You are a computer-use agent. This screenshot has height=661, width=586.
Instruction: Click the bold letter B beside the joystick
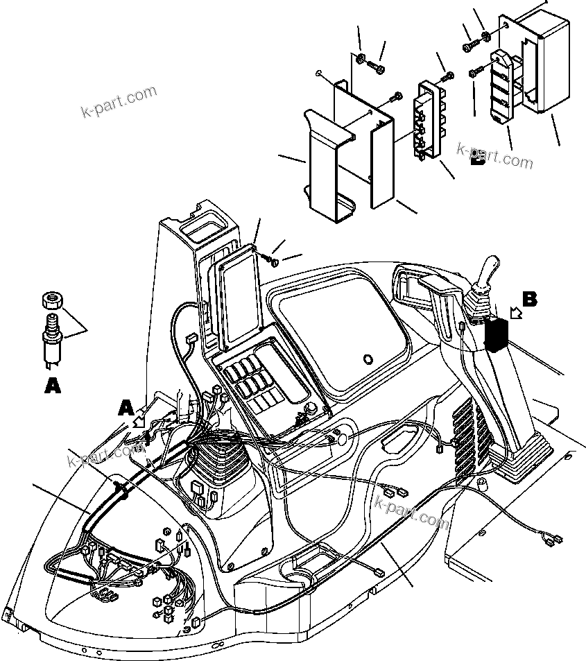click(530, 300)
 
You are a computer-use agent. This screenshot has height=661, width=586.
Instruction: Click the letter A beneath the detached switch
click(52, 386)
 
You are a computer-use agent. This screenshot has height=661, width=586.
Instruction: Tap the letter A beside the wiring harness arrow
click(125, 407)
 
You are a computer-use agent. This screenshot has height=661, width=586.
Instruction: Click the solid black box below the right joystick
click(495, 336)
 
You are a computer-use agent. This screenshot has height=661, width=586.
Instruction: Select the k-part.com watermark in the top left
click(119, 102)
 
